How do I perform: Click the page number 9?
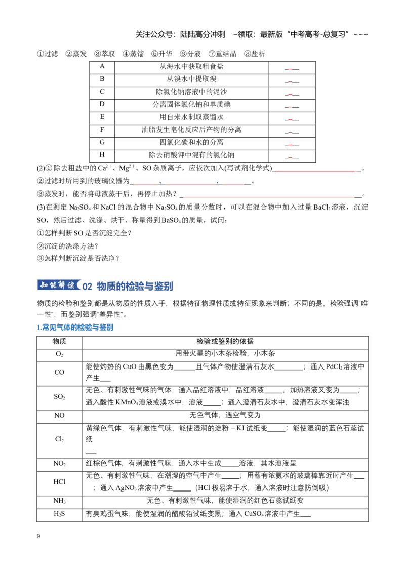pos(38,536)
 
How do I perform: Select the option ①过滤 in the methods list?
pos(48,54)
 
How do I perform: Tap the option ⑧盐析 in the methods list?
pos(255,54)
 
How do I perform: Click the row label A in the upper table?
pos(102,66)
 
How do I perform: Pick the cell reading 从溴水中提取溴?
pos(191,79)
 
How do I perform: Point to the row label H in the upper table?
pos(102,154)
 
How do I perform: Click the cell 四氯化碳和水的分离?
pos(191,142)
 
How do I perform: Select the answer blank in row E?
pos(292,119)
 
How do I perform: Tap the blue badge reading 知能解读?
pos(59,285)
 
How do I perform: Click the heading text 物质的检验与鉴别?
pos(135,286)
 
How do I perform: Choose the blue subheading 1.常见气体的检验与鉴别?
pos(75,327)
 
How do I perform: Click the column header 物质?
pos(59,341)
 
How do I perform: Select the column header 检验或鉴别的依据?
pos(225,341)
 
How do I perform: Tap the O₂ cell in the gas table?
pos(59,354)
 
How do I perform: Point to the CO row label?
pos(59,373)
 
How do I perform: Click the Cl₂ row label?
pos(59,439)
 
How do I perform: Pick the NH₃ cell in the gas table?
pos(59,501)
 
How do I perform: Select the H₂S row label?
pos(59,514)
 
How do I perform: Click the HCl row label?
pos(59,482)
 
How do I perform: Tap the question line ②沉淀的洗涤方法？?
pos(68,246)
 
